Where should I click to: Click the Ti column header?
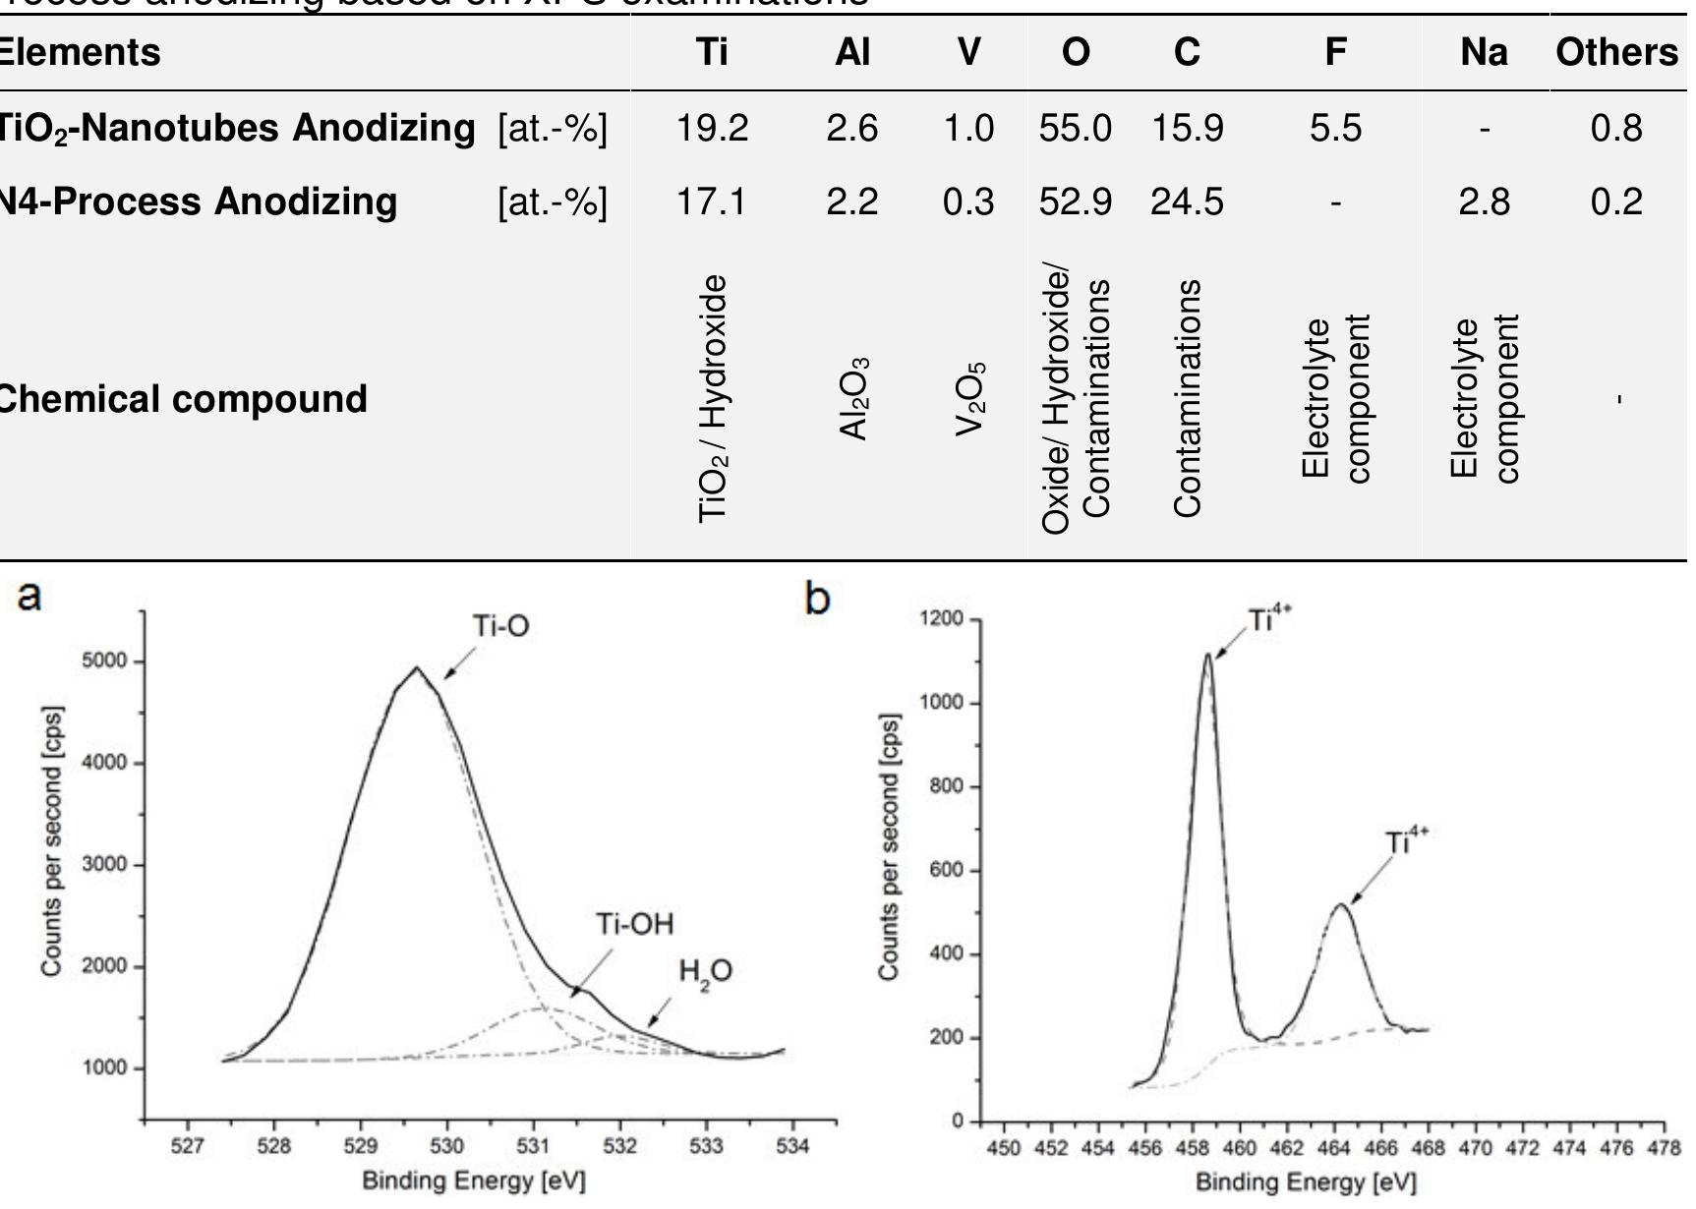(712, 52)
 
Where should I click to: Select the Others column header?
(1616, 52)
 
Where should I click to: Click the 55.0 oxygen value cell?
(1075, 129)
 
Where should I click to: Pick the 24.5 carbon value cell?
(1187, 202)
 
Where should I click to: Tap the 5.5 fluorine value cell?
(1335, 129)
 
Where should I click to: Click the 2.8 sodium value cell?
(1484, 202)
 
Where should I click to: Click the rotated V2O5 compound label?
(970, 399)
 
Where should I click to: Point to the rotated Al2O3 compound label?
(854, 399)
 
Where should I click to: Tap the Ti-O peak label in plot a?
(500, 626)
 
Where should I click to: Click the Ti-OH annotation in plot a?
(635, 924)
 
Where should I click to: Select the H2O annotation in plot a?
(705, 972)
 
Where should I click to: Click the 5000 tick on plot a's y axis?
(105, 662)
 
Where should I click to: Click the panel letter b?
(817, 597)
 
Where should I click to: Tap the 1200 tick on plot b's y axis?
(941, 619)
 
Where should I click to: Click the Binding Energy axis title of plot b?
(1306, 1182)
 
